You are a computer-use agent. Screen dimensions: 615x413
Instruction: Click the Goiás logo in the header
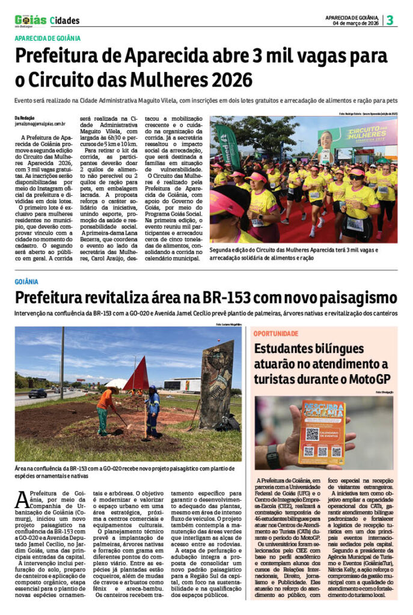tap(30, 20)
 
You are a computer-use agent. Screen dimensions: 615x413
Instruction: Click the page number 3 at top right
tap(390, 20)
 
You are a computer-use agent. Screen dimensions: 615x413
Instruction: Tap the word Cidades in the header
tap(65, 21)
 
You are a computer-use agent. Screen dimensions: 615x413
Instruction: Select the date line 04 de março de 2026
tap(356, 23)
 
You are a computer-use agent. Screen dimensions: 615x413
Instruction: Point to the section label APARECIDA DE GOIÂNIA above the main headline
tap(47, 38)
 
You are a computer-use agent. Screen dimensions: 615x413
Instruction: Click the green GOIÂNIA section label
tap(26, 281)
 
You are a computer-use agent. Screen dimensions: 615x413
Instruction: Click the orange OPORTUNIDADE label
tap(276, 333)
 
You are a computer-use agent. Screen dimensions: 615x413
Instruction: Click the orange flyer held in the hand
tap(321, 432)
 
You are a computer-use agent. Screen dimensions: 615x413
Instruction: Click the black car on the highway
tap(37, 394)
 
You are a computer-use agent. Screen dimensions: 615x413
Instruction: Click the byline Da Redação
tap(26, 117)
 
